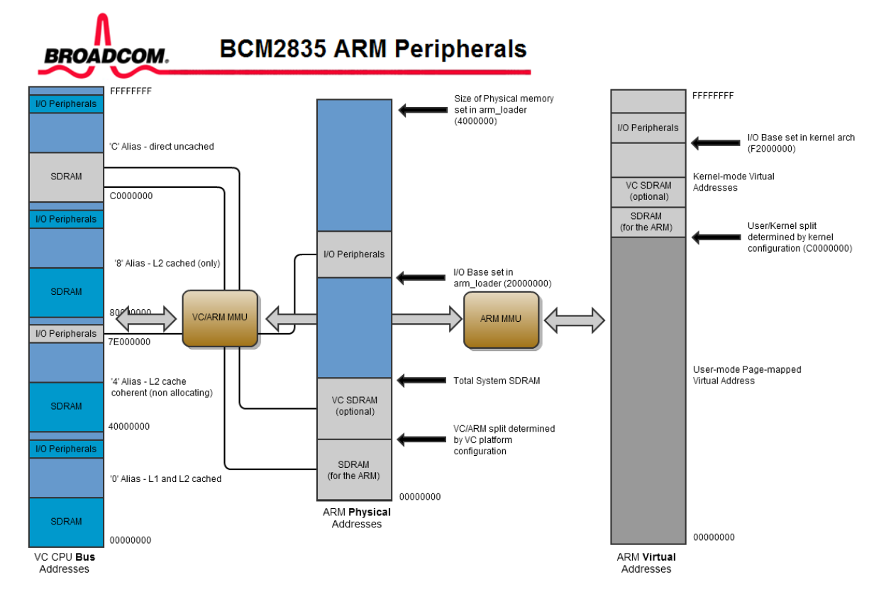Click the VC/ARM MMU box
click(x=219, y=318)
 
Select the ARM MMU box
click(x=501, y=319)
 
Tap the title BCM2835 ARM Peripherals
click(x=373, y=49)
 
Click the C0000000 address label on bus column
click(x=131, y=196)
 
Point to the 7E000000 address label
click(x=129, y=342)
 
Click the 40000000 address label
click(x=131, y=427)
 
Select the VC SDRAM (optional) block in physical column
click(x=354, y=406)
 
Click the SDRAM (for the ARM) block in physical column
click(x=354, y=470)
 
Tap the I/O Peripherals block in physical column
click(x=354, y=254)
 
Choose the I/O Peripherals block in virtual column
click(x=648, y=128)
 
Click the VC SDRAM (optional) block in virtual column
click(x=648, y=191)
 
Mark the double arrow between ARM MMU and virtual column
click(x=574, y=320)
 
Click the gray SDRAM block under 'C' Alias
click(x=66, y=176)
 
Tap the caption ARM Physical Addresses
click(x=357, y=518)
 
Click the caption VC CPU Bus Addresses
click(x=65, y=563)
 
